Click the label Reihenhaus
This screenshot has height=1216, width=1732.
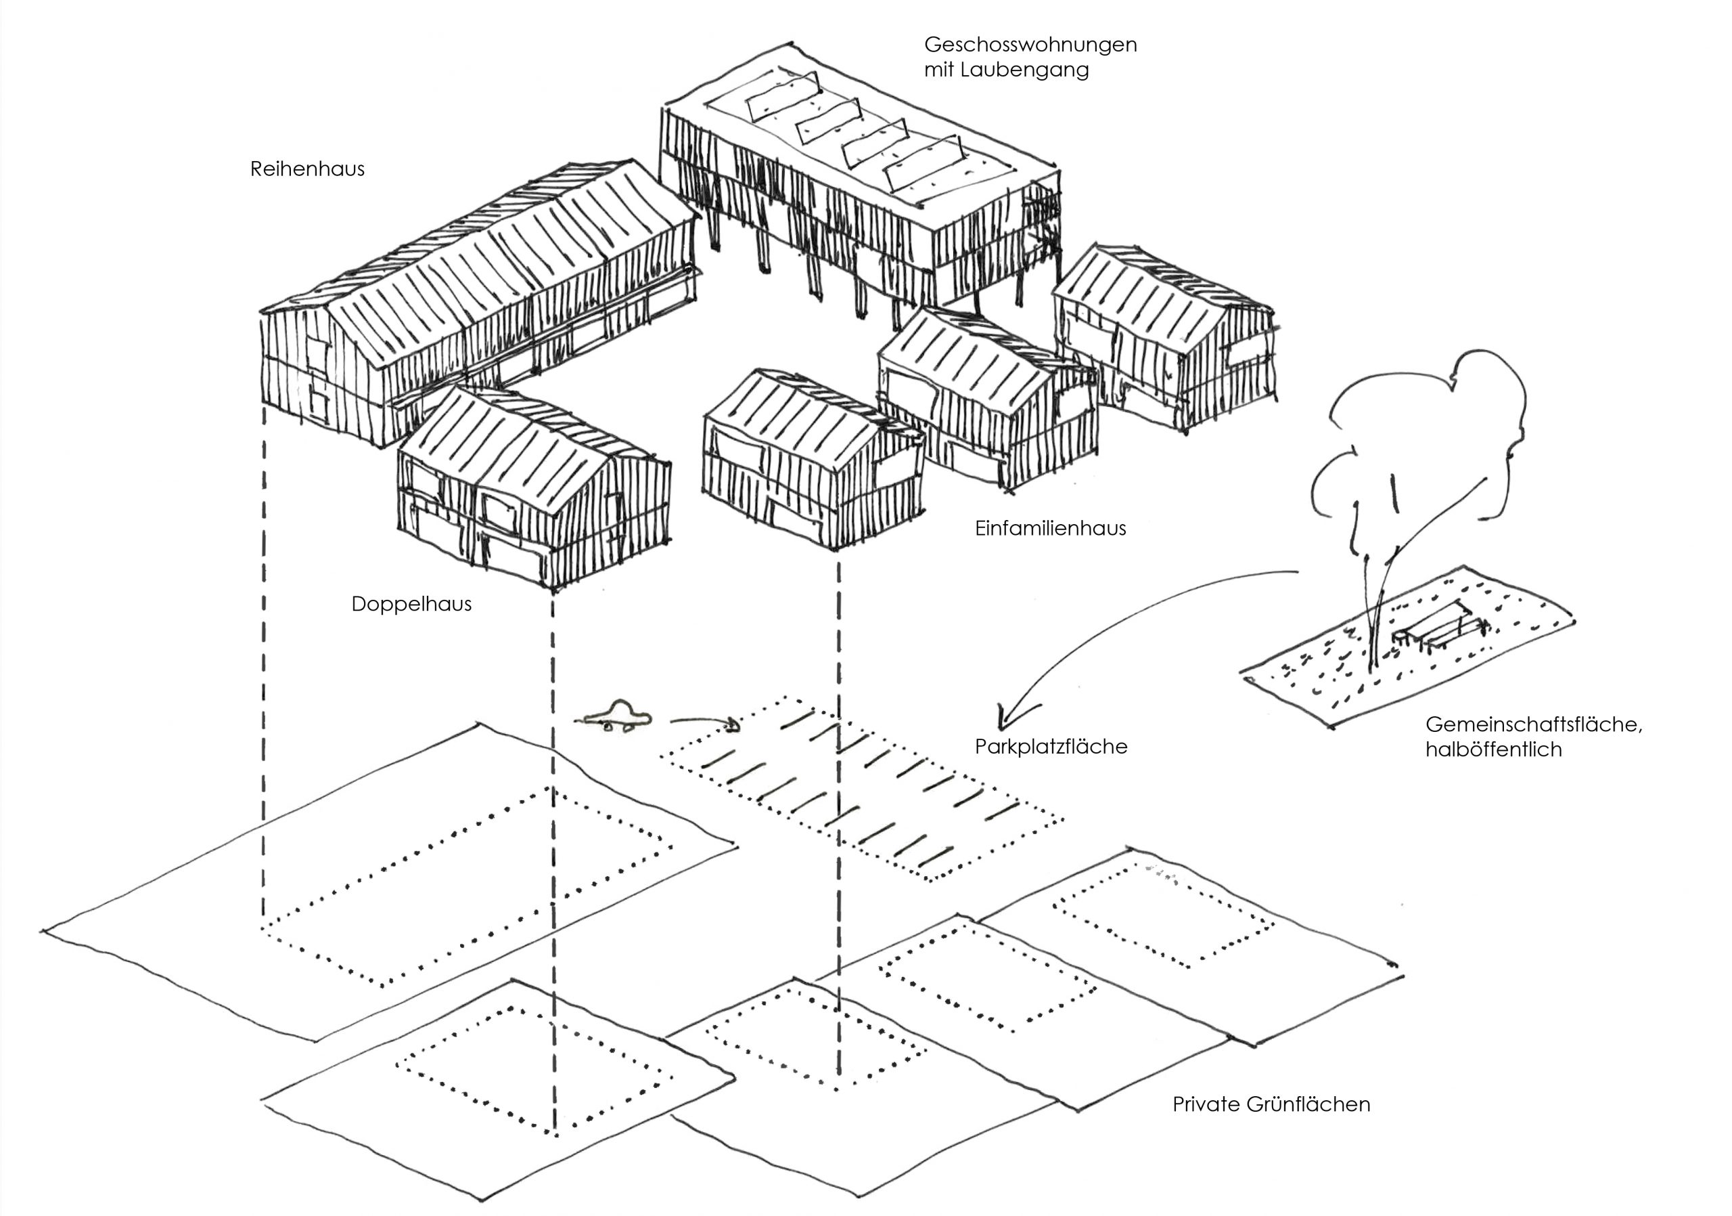coord(307,169)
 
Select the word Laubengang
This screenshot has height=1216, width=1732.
coord(1026,71)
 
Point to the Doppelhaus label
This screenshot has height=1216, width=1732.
coord(411,604)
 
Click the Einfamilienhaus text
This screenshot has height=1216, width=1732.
coord(1050,528)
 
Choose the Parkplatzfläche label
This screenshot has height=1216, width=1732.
coord(1051,747)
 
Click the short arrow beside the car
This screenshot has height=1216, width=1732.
coord(706,723)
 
